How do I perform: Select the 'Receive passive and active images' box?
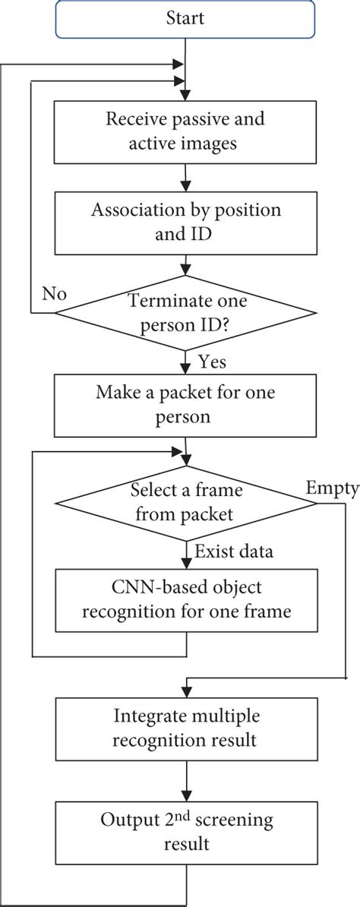pos(185,130)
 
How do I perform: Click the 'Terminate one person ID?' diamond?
pos(185,311)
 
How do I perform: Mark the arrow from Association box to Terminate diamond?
pos(185,267)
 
